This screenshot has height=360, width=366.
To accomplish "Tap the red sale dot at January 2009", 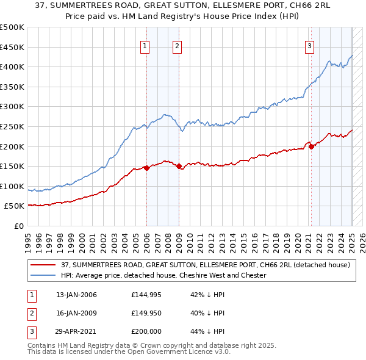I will click(179, 166).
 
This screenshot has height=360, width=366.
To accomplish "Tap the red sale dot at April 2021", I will click(311, 146).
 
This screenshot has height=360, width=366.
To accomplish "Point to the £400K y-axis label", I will click(13, 67).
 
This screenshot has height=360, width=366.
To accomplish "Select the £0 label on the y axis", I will click(18, 226).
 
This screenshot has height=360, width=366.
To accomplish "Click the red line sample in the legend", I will click(44, 265).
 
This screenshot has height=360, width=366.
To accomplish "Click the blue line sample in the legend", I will click(44, 275).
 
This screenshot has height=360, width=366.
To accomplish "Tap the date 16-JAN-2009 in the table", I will click(76, 313).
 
